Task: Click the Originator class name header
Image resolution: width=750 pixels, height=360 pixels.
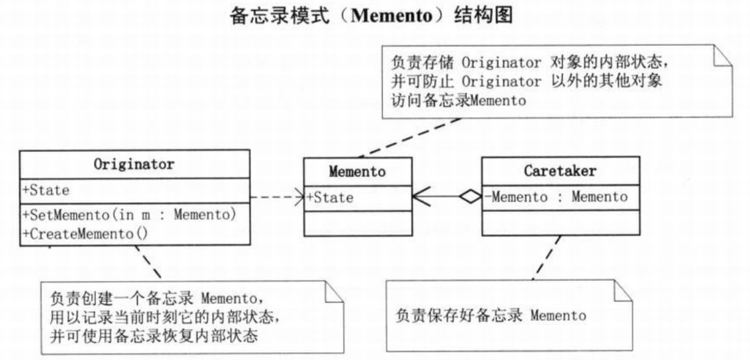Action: click(134, 164)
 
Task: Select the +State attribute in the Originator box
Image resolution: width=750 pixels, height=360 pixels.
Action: click(46, 190)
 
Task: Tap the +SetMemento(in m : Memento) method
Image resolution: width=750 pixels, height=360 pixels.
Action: click(128, 215)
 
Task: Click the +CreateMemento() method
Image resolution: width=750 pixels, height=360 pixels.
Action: click(85, 233)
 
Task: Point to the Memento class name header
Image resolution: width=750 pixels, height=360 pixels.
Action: click(357, 172)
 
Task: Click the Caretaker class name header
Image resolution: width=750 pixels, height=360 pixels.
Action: click(560, 172)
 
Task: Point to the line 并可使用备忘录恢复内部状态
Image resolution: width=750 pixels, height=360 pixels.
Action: click(157, 337)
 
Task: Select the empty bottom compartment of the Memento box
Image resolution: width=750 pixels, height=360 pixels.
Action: click(358, 222)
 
